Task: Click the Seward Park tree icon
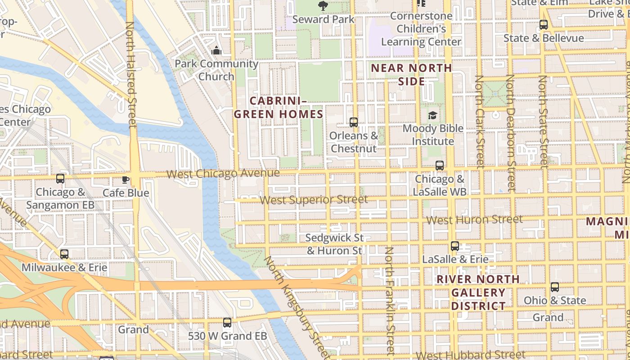coord(323,5)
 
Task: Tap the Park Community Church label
coord(216,70)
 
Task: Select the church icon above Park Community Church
coord(216,50)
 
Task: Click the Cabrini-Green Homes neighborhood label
coord(279,107)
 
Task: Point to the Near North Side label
coord(411,75)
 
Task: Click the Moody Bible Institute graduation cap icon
coord(432,116)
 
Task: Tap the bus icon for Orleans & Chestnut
coord(354,122)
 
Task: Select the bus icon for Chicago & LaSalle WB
coord(440,165)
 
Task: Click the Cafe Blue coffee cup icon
coord(126,180)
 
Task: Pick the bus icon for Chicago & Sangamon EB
coord(60,179)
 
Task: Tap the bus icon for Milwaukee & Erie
coord(64,254)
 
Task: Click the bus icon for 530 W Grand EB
coord(227,323)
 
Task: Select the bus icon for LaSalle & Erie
coord(455,246)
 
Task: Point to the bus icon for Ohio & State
coord(555,287)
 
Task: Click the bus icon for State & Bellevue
coord(544,25)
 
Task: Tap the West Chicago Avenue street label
coord(223,173)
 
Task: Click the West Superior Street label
coord(314,199)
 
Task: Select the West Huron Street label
coord(474,220)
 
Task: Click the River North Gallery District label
coord(478,292)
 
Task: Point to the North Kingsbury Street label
coord(297,306)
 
